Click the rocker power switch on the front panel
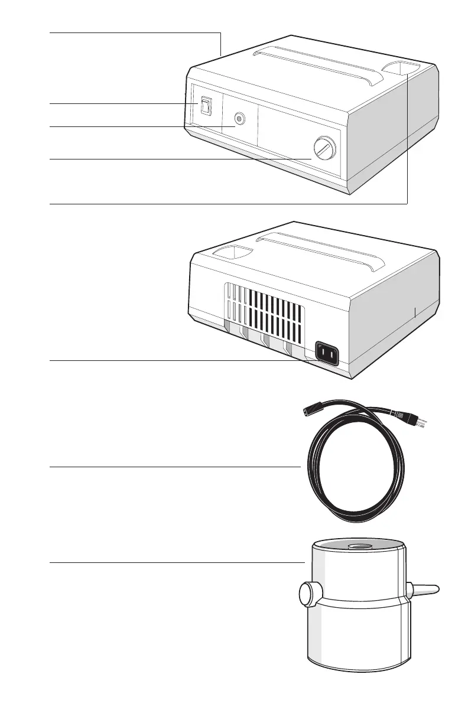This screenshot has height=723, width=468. point(204,106)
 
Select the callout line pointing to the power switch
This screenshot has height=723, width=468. point(118,104)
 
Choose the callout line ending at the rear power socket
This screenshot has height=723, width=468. point(177,360)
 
